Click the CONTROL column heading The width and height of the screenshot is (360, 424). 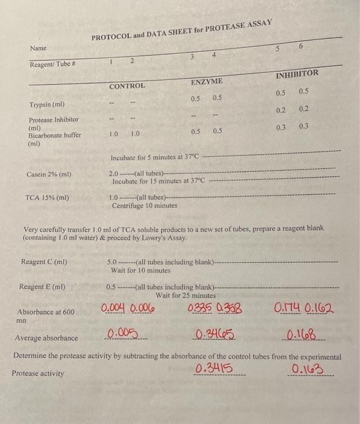point(127,86)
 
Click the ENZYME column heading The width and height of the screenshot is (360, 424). point(207,81)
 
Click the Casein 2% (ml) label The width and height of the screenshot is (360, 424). point(49,174)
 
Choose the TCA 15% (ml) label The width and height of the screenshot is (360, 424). point(47,197)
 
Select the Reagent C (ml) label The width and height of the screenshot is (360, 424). point(44,262)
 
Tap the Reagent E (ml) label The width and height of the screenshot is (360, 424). point(42,287)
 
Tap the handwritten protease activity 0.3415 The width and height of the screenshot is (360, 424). point(215,369)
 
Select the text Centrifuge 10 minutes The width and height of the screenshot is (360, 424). point(145,206)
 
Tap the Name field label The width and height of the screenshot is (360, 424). point(38,48)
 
